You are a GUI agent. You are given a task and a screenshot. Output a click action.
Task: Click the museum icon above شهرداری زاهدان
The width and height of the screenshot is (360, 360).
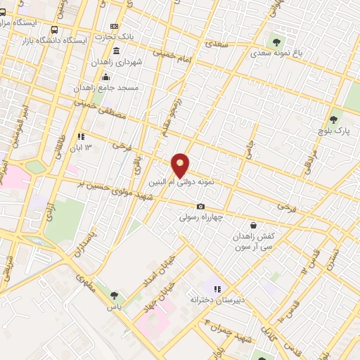pos(116,51)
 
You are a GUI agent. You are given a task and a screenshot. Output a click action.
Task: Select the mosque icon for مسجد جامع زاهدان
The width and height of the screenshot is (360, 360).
pos(106,77)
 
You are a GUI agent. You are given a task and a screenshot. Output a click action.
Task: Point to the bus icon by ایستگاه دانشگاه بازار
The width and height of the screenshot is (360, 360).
pos(55,30)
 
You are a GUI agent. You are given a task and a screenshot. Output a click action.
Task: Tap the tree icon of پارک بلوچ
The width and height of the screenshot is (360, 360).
pos(335,120)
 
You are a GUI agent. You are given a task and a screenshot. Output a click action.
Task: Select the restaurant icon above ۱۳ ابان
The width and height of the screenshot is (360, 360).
pos(82,136)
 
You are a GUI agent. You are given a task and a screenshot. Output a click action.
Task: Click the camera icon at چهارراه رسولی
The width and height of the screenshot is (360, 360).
pos(201,207)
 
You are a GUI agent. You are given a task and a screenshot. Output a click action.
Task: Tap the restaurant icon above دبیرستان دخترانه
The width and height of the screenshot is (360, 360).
pos(217,288)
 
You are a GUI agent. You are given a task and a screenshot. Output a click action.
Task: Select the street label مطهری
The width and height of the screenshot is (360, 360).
pos(88,282)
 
